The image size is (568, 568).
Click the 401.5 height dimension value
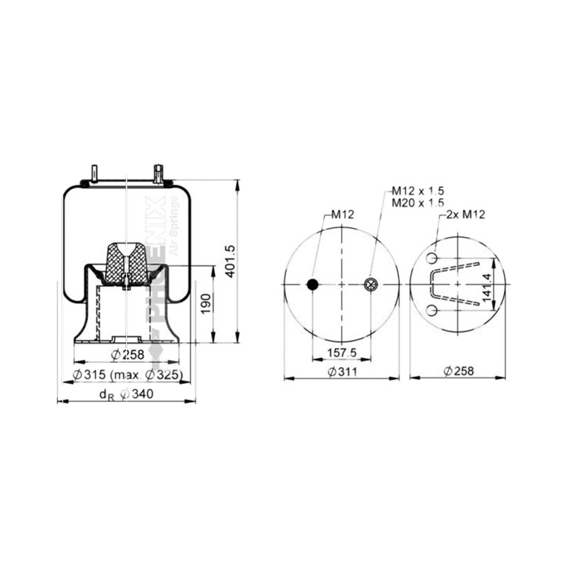[230, 261]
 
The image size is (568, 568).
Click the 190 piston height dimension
[205, 304]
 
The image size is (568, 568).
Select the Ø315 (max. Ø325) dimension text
[127, 375]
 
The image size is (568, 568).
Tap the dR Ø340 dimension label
[126, 394]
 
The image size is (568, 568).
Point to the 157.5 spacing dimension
[342, 352]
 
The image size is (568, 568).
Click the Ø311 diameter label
[342, 371]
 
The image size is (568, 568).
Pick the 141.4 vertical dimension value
[487, 288]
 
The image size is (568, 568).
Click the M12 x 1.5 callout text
[417, 191]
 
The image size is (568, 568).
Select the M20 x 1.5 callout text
[417, 203]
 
